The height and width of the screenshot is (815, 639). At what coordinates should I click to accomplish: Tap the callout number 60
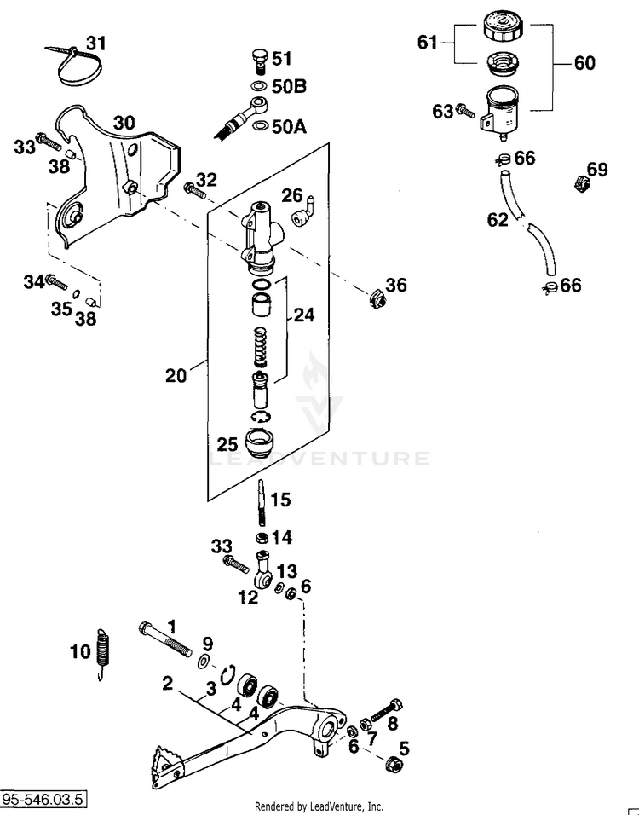coord(584,63)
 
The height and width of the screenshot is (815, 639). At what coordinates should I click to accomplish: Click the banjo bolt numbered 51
coord(258,61)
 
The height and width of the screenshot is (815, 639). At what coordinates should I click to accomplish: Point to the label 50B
coord(290,86)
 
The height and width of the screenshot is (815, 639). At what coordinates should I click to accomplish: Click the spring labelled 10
coord(103,653)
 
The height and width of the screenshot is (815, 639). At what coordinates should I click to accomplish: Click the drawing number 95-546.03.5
coord(43,798)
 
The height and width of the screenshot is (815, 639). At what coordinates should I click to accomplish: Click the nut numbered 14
coord(263,537)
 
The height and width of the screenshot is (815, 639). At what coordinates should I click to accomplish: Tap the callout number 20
coord(176,375)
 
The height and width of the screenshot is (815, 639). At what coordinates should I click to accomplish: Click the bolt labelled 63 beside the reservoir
coord(465,111)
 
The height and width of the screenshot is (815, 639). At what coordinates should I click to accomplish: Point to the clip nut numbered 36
coord(377,299)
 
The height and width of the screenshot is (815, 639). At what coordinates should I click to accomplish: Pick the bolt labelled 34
coord(56,281)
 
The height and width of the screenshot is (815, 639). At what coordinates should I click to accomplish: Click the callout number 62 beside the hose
coord(498,220)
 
